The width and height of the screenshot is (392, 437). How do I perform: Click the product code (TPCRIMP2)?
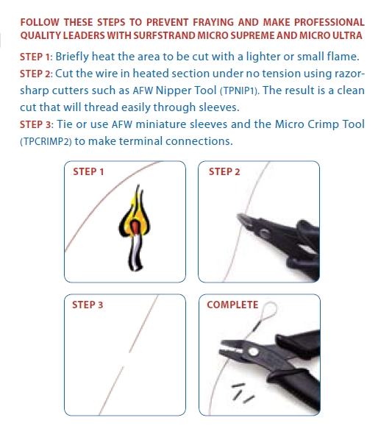46,141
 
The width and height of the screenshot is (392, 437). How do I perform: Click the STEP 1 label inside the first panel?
88,171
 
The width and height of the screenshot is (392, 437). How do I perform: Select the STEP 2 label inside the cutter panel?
224,171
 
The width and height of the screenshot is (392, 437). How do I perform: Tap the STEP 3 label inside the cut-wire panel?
88,305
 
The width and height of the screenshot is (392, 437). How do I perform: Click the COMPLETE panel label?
232,305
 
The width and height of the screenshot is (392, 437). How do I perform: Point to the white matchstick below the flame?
136,253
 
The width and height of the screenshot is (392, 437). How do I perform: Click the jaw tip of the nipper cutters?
239,216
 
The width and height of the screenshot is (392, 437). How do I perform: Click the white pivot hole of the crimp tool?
253,352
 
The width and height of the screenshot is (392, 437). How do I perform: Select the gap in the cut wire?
126,360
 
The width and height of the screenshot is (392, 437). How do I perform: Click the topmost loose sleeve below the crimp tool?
238,386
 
